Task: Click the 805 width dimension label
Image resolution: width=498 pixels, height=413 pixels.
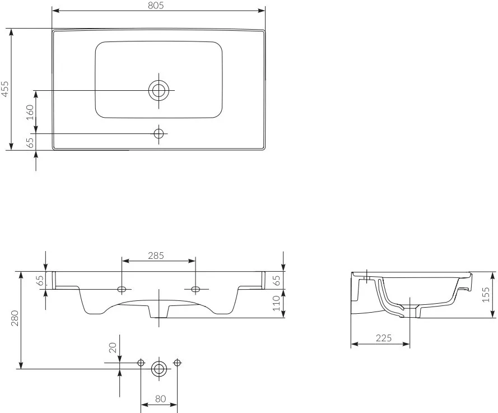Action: click(x=156, y=6)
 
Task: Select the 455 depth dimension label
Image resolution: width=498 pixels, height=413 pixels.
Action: click(x=5, y=89)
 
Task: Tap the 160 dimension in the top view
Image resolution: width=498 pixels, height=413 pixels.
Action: click(x=30, y=112)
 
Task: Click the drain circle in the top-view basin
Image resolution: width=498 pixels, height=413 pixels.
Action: click(x=159, y=91)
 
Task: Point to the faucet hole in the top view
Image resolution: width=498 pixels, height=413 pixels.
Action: click(x=159, y=134)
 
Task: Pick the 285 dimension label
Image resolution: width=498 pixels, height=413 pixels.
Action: click(x=156, y=256)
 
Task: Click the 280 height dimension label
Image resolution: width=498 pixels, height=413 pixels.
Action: click(x=15, y=318)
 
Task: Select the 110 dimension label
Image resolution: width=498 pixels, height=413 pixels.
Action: click(x=276, y=303)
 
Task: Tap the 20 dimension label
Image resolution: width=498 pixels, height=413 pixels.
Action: click(x=113, y=347)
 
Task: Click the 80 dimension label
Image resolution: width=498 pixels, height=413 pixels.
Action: click(x=160, y=398)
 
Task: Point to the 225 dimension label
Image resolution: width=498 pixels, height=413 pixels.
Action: click(x=384, y=338)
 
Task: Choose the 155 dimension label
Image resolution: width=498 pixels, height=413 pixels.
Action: click(x=486, y=295)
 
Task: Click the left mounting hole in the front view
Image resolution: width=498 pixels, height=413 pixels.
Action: click(x=122, y=289)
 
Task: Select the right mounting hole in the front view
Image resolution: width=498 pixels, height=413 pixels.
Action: click(x=196, y=289)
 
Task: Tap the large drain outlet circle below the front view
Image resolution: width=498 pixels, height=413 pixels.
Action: click(x=159, y=369)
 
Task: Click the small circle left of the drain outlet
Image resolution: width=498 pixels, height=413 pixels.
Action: click(x=141, y=363)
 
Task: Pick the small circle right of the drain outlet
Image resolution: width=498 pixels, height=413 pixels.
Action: click(x=177, y=363)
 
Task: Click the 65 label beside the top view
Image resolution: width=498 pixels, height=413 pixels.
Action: click(x=30, y=143)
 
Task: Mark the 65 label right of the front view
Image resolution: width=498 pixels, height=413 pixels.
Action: click(x=276, y=281)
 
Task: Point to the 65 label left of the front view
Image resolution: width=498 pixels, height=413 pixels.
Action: click(x=40, y=281)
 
